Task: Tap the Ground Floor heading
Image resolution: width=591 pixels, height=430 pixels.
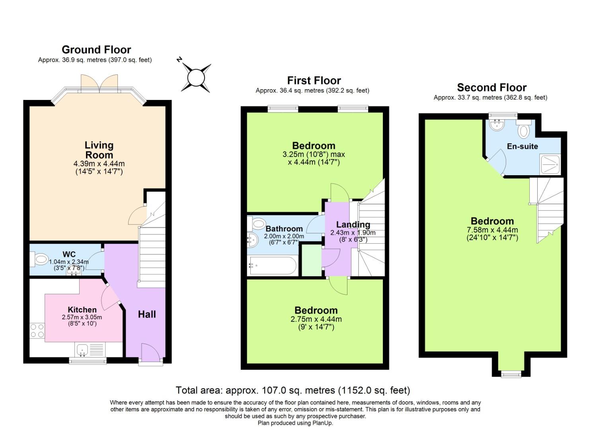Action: point(96,50)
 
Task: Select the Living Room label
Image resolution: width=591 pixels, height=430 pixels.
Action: point(99,150)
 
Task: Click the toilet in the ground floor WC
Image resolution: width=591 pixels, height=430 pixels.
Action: point(40,260)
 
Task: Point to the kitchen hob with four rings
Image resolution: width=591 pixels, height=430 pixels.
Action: point(37,330)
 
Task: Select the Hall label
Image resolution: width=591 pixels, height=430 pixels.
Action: point(147,315)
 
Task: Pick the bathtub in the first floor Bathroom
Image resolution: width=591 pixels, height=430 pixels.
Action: point(273,266)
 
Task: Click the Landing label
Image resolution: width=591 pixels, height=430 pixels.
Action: point(353,225)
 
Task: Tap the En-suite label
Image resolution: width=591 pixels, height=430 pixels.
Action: point(522,146)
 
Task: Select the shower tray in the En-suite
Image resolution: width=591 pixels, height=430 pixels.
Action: point(550,164)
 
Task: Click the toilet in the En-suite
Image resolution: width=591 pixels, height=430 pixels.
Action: point(524,130)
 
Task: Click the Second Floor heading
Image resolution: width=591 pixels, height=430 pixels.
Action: point(492,88)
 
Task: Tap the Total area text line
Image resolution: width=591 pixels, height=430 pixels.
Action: point(293,390)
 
